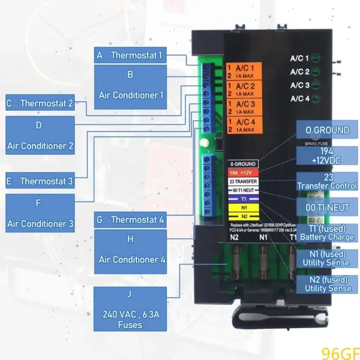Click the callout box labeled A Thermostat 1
[130, 55]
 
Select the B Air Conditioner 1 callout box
[130, 87]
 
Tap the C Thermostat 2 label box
[40, 103]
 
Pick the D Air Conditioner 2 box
[40, 135]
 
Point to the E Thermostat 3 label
[40, 181]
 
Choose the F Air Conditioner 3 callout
[40, 213]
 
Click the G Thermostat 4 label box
[130, 220]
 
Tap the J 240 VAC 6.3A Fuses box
[130, 309]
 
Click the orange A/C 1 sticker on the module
[243, 71]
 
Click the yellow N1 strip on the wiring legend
[243, 207]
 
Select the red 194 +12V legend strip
[243, 173]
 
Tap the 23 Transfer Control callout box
[327, 181]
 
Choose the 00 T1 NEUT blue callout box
[327, 207]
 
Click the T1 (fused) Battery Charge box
[327, 233]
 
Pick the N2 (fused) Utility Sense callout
[327, 283]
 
